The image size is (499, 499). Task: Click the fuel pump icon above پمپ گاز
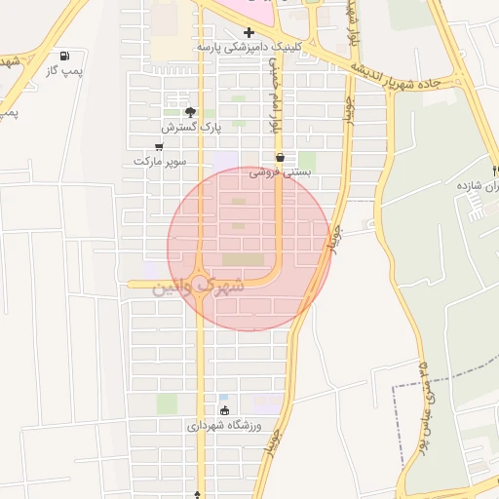[x=64, y=57]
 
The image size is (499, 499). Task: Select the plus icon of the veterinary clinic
[x=250, y=32]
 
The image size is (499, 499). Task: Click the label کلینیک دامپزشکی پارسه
[x=249, y=46]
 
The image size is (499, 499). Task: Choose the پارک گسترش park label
[x=192, y=128]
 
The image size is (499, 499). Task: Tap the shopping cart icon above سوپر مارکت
[x=159, y=146]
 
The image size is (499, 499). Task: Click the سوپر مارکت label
[x=159, y=161]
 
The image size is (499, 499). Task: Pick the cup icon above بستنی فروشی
[x=280, y=157]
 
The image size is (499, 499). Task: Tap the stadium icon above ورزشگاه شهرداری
[x=224, y=410]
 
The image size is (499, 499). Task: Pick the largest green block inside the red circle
[x=242, y=259]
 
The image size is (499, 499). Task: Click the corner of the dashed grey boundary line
[x=394, y=388]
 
